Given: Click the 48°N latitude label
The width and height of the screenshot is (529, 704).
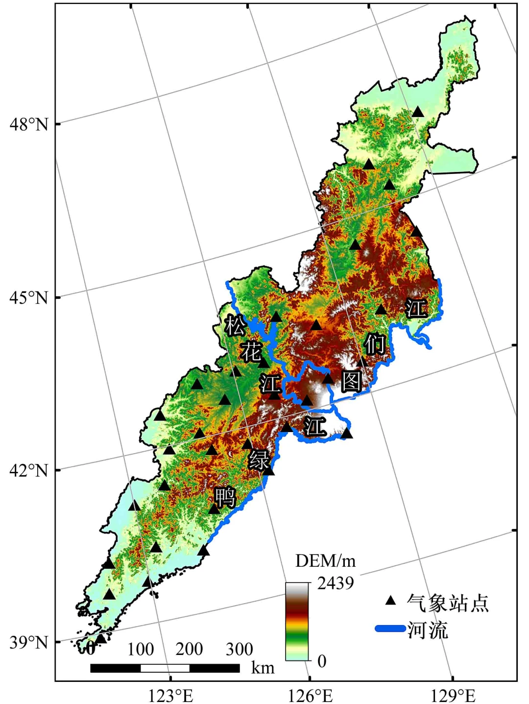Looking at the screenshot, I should pos(29,124).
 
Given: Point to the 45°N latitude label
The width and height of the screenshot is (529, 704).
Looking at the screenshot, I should pos(29,297).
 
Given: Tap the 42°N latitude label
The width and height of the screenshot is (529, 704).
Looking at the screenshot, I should pos(29,470).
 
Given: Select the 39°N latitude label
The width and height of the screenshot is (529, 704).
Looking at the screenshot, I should pos(29,642).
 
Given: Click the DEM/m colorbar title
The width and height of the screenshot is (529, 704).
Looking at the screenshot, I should pos(325,560).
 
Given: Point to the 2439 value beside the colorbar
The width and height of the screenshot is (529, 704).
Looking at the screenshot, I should pos(336,583).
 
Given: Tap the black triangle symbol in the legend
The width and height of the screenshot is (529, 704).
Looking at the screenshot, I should pos(390,600).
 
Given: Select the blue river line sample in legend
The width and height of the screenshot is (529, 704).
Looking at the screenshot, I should pos(390,628).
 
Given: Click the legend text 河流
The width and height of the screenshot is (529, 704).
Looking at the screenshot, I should pos(428,630).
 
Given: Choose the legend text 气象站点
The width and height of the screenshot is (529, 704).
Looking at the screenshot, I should pos(448,603).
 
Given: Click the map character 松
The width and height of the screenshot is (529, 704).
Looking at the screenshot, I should pos(235,326).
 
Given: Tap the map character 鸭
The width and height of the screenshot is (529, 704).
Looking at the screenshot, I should pos(225,497).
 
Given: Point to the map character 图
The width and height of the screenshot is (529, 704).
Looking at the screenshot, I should pos(352,381).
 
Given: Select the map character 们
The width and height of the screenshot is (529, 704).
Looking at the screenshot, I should pos(375,344).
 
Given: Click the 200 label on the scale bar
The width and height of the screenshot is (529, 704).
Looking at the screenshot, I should pos(189,649).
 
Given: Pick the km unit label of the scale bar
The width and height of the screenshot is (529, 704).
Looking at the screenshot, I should pos(263,668).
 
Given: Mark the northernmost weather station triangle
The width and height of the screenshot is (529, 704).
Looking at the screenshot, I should pos(418,112).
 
